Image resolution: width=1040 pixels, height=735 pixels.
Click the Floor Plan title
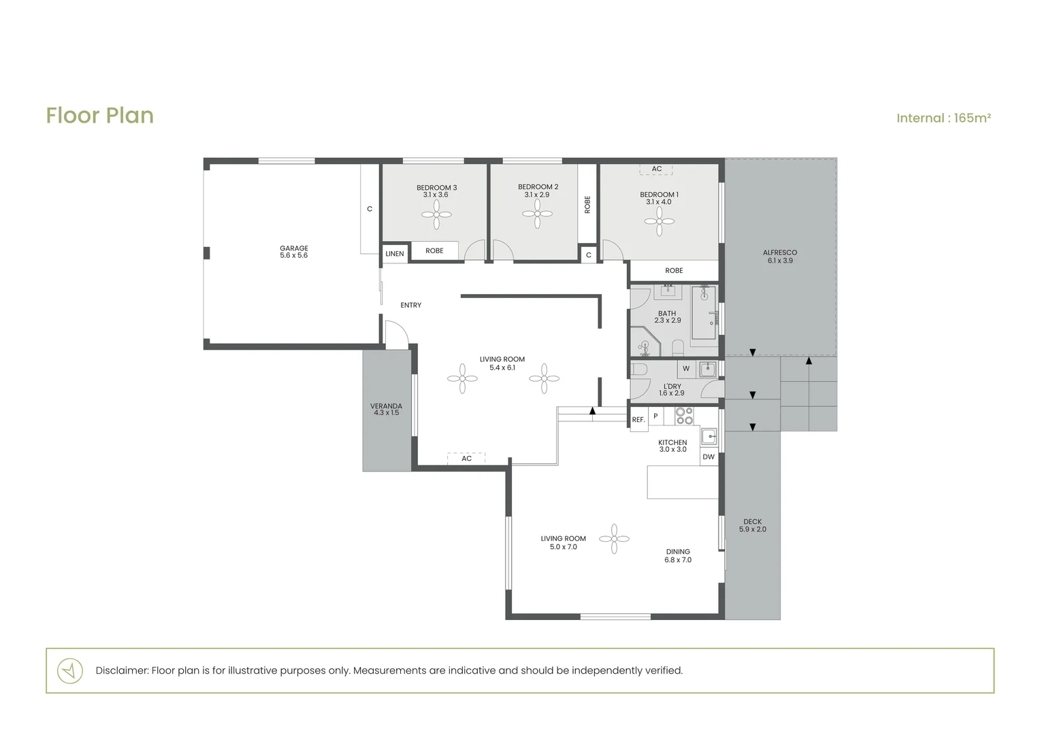(x=100, y=116)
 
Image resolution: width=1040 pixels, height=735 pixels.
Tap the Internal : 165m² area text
(x=944, y=118)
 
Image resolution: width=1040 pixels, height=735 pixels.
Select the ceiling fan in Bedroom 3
(x=436, y=214)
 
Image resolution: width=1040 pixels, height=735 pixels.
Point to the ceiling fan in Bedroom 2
(x=537, y=214)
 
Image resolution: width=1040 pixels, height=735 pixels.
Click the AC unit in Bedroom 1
(x=656, y=169)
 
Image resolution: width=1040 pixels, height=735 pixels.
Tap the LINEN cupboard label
(x=395, y=254)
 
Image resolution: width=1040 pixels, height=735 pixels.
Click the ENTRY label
(x=411, y=305)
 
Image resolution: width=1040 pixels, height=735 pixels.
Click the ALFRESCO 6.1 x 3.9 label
(x=780, y=257)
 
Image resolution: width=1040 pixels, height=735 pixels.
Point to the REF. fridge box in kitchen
(x=639, y=419)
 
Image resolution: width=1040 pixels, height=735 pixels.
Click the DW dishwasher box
(x=709, y=457)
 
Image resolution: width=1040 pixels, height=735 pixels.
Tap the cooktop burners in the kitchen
(x=684, y=416)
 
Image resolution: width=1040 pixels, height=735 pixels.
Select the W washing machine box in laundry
(x=686, y=369)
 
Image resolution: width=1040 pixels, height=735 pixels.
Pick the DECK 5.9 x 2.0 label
(x=753, y=525)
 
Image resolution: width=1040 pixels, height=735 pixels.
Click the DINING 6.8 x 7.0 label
(x=678, y=556)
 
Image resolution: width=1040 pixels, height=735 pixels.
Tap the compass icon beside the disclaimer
(x=70, y=670)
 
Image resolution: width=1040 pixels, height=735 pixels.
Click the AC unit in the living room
(x=466, y=458)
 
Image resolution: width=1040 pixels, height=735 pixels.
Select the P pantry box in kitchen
(x=655, y=416)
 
